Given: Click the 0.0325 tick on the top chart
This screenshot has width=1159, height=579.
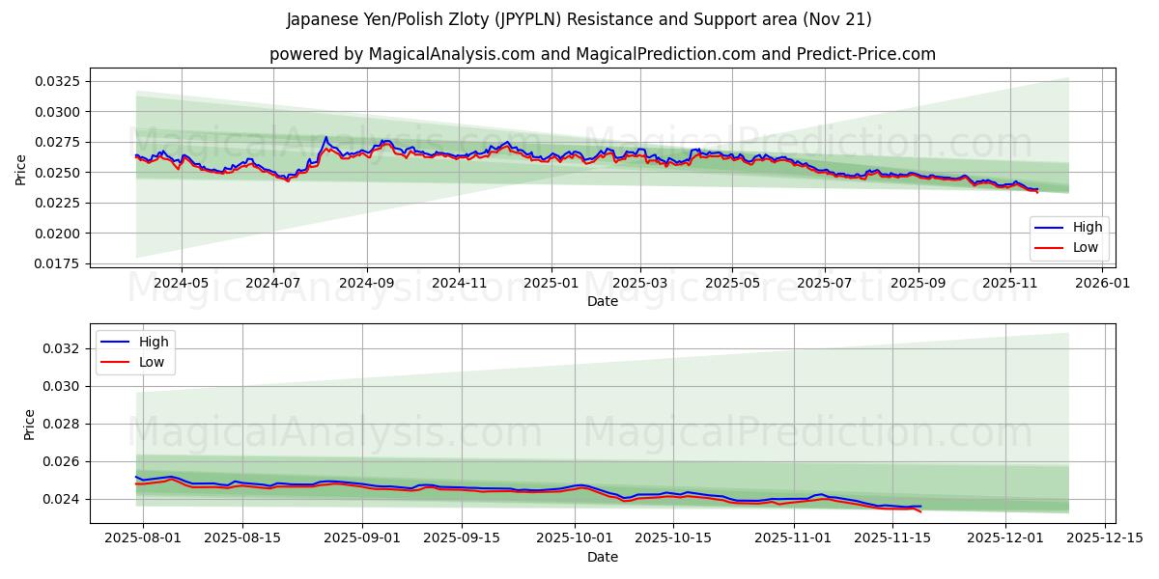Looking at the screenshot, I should (x=57, y=81).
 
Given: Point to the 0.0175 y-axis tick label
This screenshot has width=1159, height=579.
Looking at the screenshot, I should (x=57, y=263).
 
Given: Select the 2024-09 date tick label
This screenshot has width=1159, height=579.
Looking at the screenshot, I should (x=366, y=283).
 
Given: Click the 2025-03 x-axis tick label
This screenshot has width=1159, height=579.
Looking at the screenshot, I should (x=640, y=283).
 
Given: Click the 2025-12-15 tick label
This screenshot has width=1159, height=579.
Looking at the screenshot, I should (x=1102, y=538).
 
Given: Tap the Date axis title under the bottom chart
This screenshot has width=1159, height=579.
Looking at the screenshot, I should (x=602, y=557).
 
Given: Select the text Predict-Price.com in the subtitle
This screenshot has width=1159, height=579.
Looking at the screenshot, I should (x=868, y=54).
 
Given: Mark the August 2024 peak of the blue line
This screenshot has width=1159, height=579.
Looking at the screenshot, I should (x=325, y=138).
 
